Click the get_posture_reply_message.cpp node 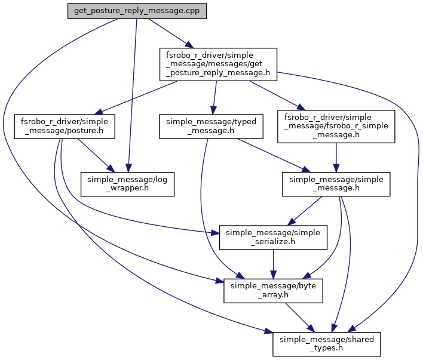click(137, 11)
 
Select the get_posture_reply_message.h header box click(217, 64)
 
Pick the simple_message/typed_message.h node click(211, 126)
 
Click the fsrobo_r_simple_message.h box click(336, 126)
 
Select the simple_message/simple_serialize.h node click(273, 236)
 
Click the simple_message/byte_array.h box click(273, 290)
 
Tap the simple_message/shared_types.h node click(326, 343)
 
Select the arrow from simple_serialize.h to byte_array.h click(273, 263)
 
